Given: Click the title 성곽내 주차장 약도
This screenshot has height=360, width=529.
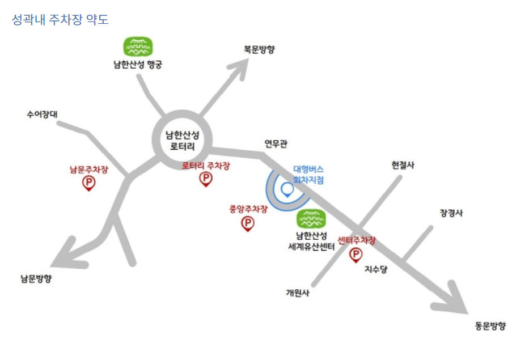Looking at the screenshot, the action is click(60, 20).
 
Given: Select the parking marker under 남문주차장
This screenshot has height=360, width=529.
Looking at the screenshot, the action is click(89, 183).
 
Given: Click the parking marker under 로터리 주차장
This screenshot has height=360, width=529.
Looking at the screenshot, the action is click(205, 179).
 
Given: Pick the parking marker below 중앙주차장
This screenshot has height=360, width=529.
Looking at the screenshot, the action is click(248, 223).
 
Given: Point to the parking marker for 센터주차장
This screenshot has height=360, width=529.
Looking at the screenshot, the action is click(356, 255).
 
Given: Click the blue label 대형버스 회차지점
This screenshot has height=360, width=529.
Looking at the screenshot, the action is click(308, 174).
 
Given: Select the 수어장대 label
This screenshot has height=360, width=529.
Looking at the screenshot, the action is click(42, 114).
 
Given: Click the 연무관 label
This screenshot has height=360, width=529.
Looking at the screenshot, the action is click(276, 143).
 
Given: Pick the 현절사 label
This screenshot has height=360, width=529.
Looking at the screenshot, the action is click(403, 165).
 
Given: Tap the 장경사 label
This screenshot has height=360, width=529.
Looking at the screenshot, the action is click(451, 213).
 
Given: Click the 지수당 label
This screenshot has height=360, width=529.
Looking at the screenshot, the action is click(375, 270).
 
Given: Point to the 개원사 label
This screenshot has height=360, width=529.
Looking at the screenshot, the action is click(298, 293).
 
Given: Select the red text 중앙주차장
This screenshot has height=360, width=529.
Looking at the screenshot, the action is click(248, 209).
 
